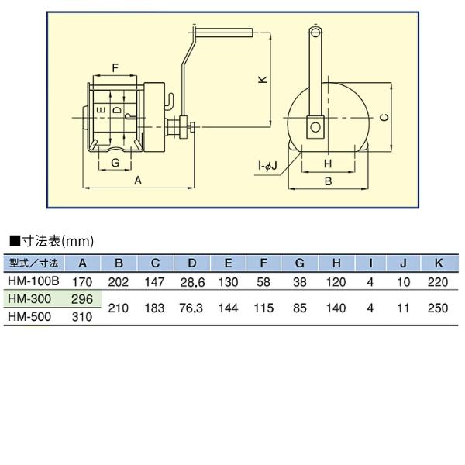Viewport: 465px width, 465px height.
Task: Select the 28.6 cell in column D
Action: tap(191, 281)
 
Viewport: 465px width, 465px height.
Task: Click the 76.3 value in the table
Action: tap(191, 308)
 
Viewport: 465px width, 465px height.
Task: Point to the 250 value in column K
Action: tap(438, 308)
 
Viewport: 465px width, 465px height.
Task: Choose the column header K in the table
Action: tap(438, 263)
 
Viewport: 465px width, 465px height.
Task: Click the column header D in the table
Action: tap(191, 263)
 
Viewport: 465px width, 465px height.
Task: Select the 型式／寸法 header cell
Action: tap(33, 263)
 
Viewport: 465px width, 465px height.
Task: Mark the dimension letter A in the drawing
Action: tap(139, 180)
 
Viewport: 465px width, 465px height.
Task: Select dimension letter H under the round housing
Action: tap(328, 164)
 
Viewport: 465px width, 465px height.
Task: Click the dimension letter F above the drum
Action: tap(115, 68)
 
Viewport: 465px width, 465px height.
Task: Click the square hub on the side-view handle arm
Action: tap(315, 126)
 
